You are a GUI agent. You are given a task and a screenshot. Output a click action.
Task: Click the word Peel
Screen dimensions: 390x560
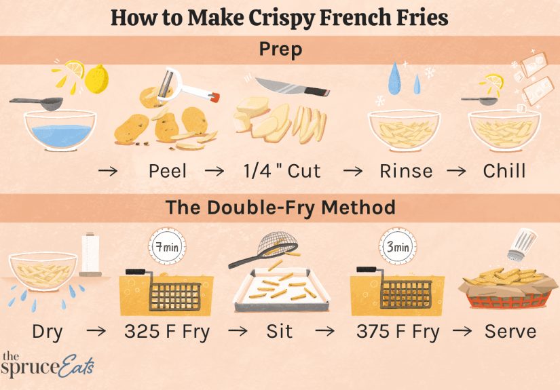tap(168, 170)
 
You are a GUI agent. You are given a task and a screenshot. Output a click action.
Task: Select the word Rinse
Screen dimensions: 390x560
tap(406, 170)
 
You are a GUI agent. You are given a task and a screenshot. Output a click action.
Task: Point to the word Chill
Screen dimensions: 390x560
tap(504, 170)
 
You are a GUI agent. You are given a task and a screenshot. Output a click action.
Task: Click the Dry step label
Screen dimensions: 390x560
tap(48, 332)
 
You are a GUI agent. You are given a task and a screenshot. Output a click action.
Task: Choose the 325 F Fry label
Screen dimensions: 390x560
tap(167, 332)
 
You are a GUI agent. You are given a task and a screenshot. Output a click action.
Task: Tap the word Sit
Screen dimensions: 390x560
tap(279, 332)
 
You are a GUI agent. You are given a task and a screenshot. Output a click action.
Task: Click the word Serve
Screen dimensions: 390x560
tap(510, 332)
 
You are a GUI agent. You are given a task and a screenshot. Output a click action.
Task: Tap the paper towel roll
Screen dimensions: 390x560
tap(91, 256)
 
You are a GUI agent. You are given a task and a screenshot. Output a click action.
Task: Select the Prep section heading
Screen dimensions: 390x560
tap(280, 49)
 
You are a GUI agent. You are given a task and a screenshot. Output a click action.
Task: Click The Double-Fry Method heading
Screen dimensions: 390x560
tap(280, 207)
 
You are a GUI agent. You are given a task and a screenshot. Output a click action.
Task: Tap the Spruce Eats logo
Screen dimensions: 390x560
tap(46, 366)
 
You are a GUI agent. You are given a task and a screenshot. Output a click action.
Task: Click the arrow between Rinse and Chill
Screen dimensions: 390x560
tap(457, 171)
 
